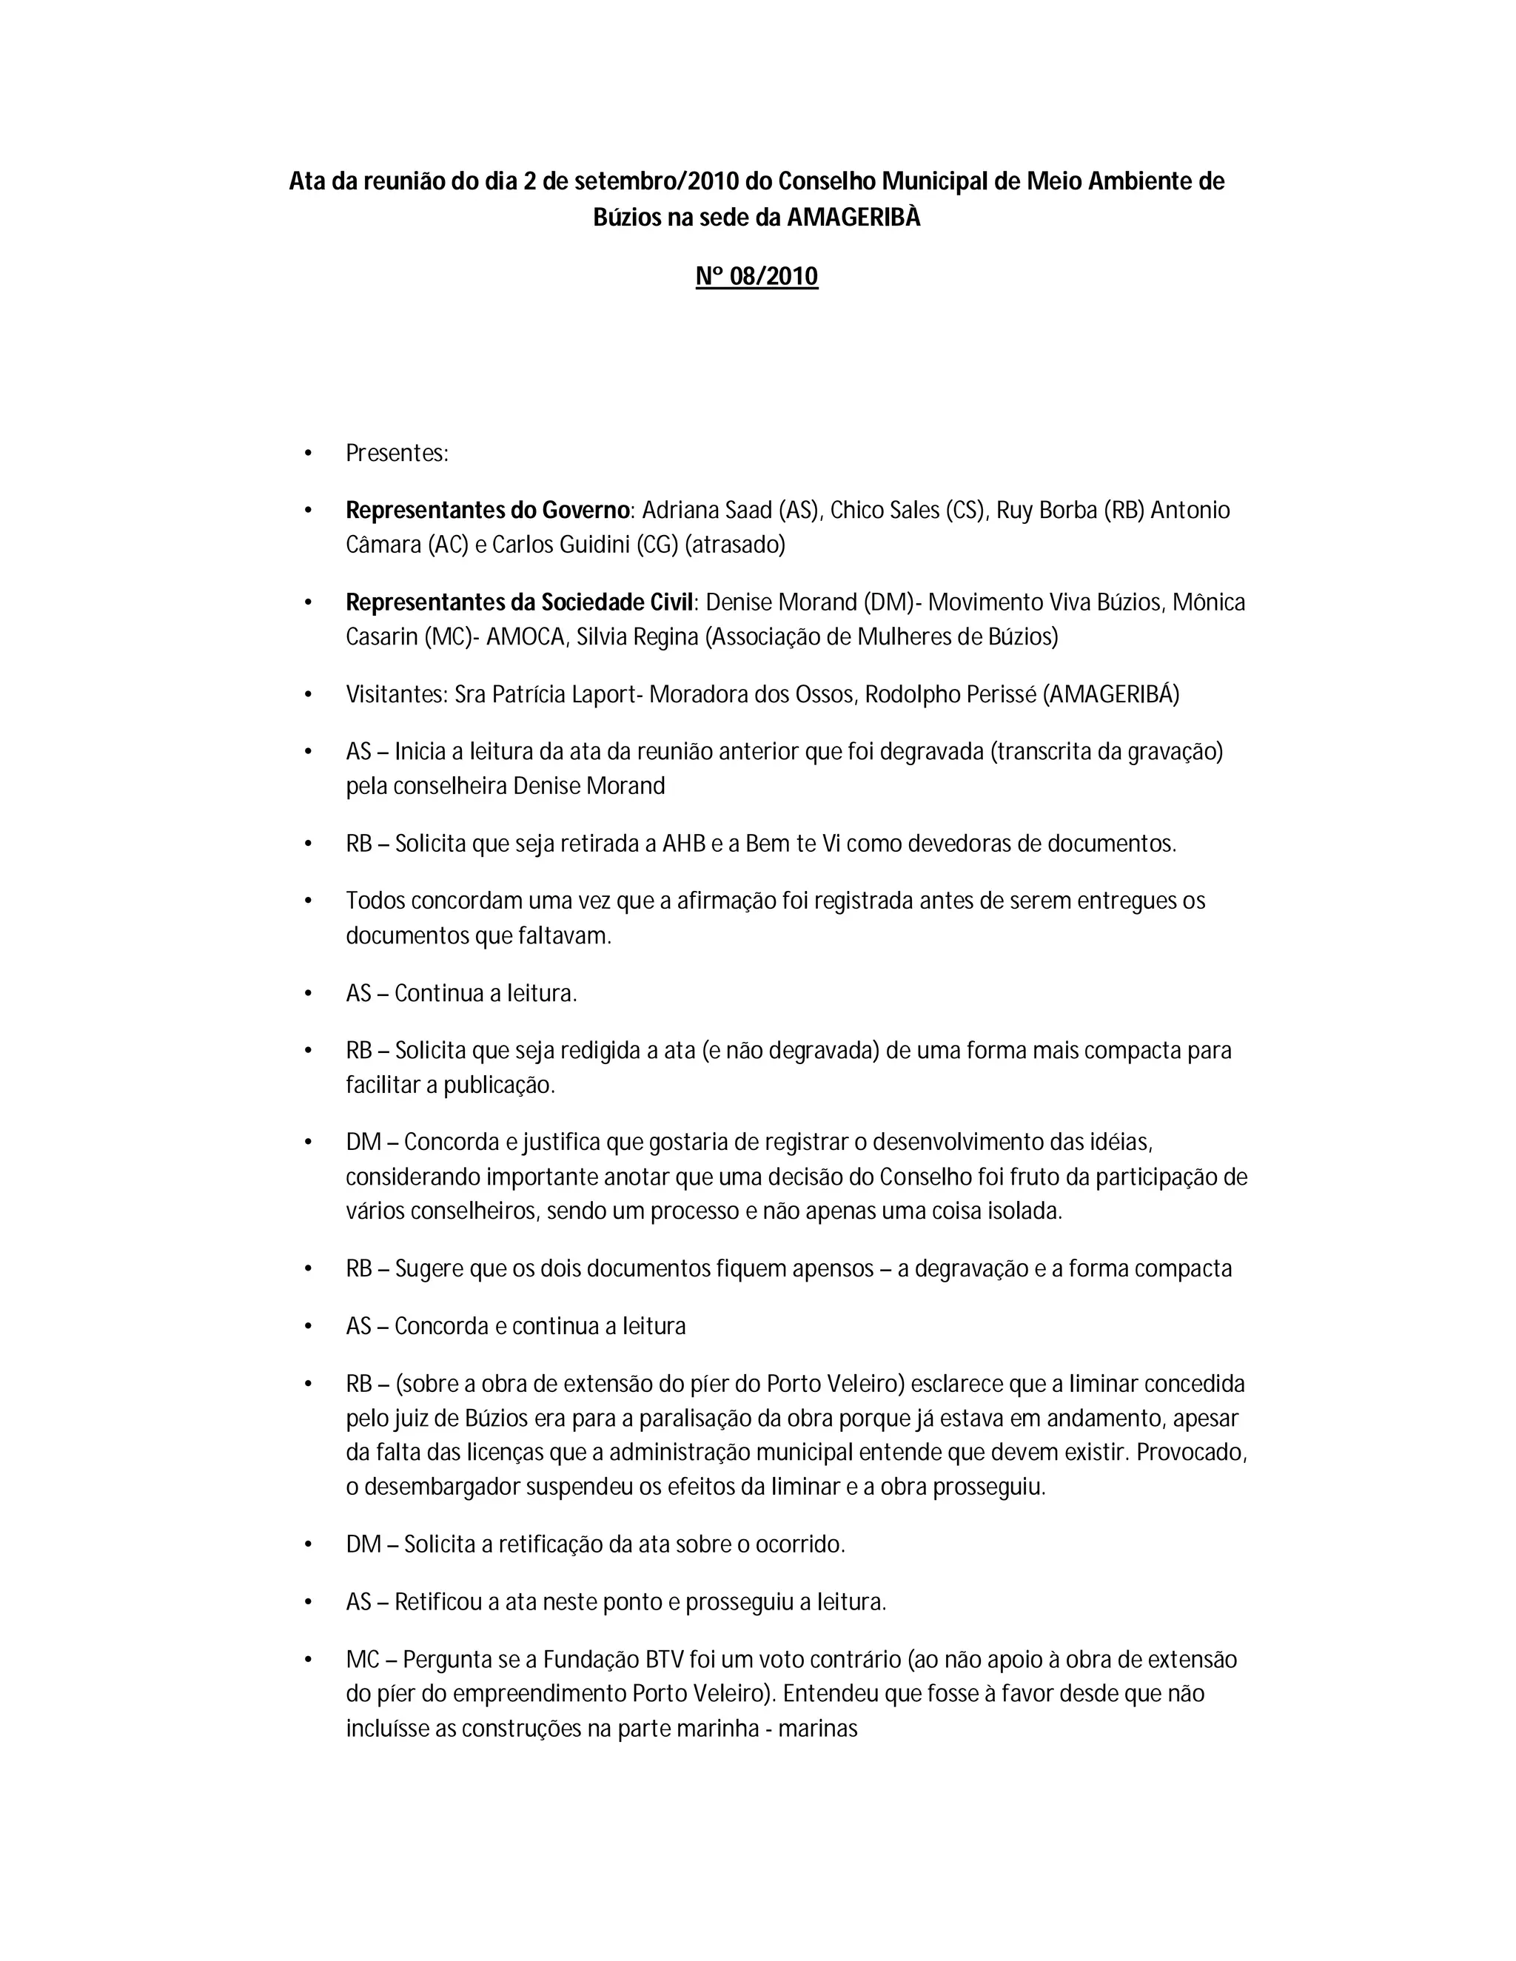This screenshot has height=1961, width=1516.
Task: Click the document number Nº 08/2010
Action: point(757,276)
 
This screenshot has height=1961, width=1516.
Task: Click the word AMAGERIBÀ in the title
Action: point(853,218)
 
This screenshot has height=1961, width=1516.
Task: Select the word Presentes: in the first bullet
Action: point(397,454)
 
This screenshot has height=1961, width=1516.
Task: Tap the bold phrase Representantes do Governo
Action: point(488,510)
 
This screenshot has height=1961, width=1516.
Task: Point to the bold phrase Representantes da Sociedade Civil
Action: point(520,602)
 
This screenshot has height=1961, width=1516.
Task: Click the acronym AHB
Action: point(685,844)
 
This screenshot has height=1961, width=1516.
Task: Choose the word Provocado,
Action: point(1192,1452)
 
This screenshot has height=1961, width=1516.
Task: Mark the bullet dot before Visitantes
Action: point(308,695)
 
